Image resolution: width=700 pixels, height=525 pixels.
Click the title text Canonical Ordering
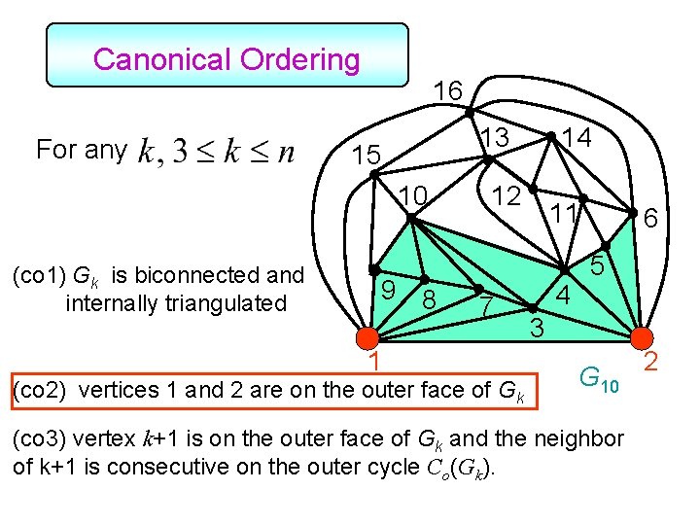(227, 59)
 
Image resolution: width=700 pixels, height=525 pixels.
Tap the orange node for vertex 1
(367, 339)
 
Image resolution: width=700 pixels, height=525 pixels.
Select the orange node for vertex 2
(642, 338)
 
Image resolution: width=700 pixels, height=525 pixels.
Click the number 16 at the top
(447, 90)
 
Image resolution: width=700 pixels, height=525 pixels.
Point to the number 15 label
(367, 156)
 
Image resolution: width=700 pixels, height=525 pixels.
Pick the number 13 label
(497, 139)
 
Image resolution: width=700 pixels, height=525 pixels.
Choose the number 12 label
(506, 195)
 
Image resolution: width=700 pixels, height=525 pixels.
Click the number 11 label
(562, 212)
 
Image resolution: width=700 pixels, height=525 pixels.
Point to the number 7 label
(489, 306)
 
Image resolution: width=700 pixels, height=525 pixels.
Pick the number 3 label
(536, 328)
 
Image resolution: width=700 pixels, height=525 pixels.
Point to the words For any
(81, 150)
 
